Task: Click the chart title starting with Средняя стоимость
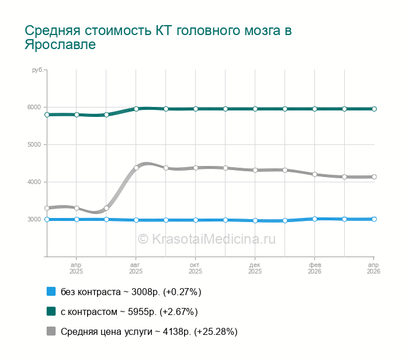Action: pyautogui.click(x=158, y=37)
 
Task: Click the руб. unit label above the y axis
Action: pyautogui.click(x=37, y=70)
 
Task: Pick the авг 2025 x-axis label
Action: pyautogui.click(x=136, y=268)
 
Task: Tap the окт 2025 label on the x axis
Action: pyautogui.click(x=195, y=268)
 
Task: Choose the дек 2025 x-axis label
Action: pyautogui.click(x=255, y=268)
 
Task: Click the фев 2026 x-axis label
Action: pyautogui.click(x=314, y=268)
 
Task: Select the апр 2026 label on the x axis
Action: pyautogui.click(x=373, y=268)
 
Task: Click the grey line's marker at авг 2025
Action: pyautogui.click(x=136, y=168)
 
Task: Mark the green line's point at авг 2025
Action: pyautogui.click(x=136, y=109)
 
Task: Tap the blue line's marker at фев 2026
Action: pyautogui.click(x=314, y=219)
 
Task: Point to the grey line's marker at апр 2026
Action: pyautogui.click(x=374, y=176)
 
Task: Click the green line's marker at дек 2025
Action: pyautogui.click(x=255, y=109)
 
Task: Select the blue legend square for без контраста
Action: pyautogui.click(x=51, y=292)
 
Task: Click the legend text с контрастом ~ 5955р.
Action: pyautogui.click(x=129, y=311)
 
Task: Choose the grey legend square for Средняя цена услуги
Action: pyautogui.click(x=51, y=331)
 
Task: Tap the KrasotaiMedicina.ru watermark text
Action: pyautogui.click(x=206, y=238)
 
